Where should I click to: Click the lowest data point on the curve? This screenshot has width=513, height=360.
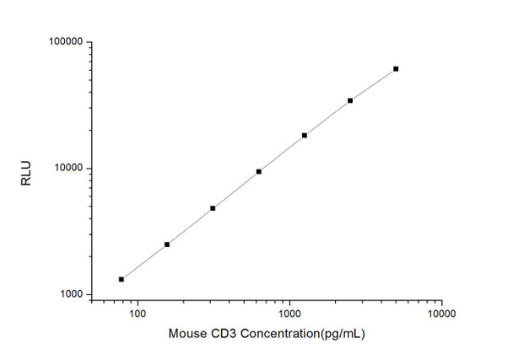[x=121, y=279]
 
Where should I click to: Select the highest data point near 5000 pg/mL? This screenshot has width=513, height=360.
[x=396, y=68]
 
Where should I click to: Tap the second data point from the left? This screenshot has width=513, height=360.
[x=167, y=244]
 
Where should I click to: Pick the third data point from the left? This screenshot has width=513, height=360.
[x=213, y=207]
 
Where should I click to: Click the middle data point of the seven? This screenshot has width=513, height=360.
[x=259, y=171]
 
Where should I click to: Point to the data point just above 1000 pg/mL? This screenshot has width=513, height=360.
[x=305, y=135]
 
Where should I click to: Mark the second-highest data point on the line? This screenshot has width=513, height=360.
[x=350, y=100]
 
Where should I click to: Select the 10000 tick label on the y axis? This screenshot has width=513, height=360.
[x=67, y=169]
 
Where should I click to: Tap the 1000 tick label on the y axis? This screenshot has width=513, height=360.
[x=69, y=295]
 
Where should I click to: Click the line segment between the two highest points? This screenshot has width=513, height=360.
[x=373, y=84]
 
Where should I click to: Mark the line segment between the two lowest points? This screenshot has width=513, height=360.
[x=144, y=262]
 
